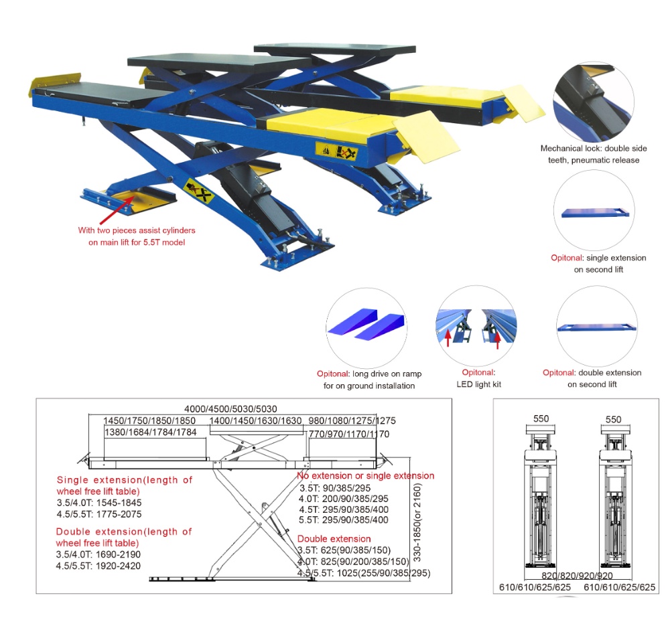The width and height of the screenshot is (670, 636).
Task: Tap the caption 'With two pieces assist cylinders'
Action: coord(137,230)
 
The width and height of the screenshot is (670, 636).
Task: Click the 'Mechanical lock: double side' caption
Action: coord(594,148)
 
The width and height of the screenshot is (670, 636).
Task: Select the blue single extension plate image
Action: coord(595,213)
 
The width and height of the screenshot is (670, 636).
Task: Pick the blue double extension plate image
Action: coord(596,327)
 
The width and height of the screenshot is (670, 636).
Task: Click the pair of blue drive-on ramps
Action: coord(366,324)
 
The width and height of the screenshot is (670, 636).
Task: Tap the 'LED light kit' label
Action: coord(478,384)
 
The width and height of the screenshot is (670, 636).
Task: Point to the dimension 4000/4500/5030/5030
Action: coord(230,409)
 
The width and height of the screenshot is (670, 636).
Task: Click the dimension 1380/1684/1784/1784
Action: coord(150,432)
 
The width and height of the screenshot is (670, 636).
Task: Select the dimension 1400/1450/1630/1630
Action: coord(255,421)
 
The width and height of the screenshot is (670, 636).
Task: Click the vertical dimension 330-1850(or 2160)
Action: coord(417,522)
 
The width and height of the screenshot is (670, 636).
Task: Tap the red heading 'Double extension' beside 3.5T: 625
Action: coord(334,539)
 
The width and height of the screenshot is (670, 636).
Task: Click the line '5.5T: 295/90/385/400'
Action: coord(344,520)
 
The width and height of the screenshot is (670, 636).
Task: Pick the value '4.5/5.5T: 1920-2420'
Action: coord(98,566)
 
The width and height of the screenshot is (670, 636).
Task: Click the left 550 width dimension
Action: coord(541,418)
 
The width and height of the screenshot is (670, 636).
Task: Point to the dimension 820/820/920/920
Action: coord(577,576)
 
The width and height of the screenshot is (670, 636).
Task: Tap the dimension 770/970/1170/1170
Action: coord(349,434)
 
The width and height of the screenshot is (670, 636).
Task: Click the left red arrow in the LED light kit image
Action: coord(448,337)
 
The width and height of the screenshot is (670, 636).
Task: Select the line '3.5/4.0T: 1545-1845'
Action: coord(99,503)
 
